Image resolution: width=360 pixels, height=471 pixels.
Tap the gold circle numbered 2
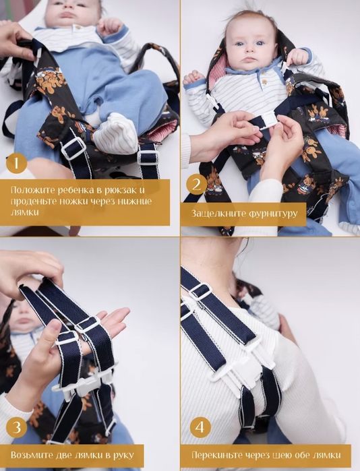point(196,184)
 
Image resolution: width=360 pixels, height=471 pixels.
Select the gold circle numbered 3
point(17,427)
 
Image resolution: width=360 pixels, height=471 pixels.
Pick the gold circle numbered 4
point(200,427)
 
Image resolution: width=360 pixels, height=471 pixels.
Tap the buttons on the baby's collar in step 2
point(264,82)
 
